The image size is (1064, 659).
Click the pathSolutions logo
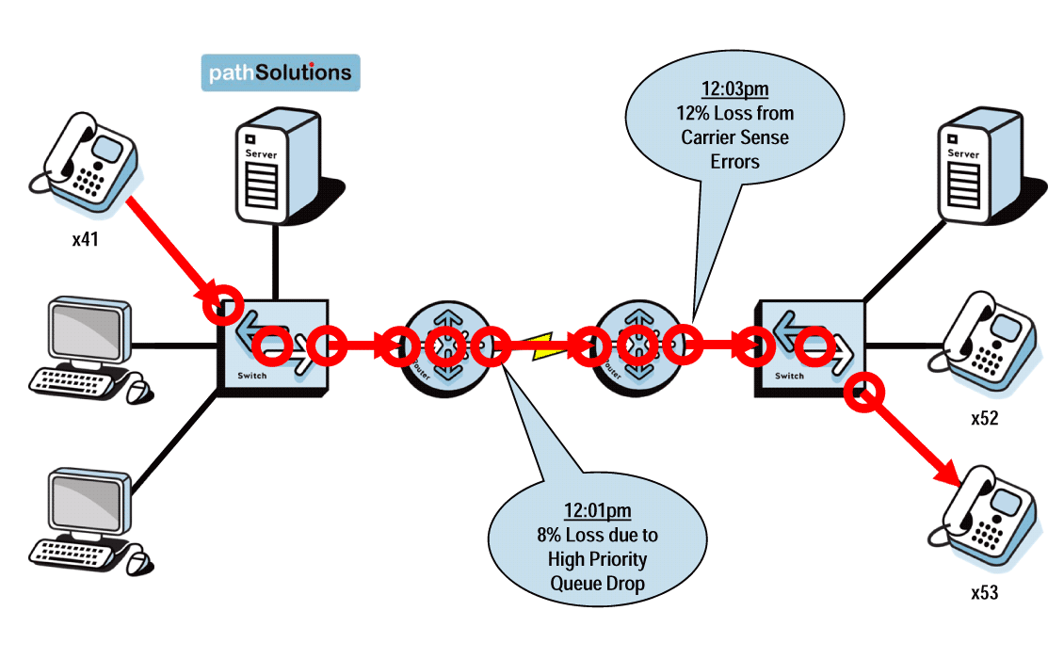pyautogui.click(x=281, y=72)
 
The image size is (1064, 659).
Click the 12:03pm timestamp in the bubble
pyautogui.click(x=734, y=89)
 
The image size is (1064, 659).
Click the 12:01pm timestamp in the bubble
pyautogui.click(x=597, y=511)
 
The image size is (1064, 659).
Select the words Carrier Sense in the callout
pyautogui.click(x=734, y=137)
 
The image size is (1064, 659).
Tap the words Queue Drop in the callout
pyautogui.click(x=597, y=583)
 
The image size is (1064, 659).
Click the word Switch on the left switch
pyautogui.click(x=252, y=376)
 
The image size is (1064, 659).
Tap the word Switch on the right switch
pyautogui.click(x=788, y=376)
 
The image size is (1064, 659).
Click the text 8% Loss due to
pyautogui.click(x=597, y=535)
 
